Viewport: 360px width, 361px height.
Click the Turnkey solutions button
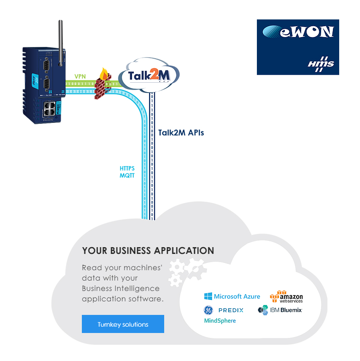tap(123, 324)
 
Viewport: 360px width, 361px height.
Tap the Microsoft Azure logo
tap(232, 296)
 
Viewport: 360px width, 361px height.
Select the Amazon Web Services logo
tap(286, 296)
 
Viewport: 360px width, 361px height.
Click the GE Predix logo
tap(223, 310)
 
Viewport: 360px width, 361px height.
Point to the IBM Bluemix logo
tap(279, 310)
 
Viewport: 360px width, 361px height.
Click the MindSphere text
tap(220, 321)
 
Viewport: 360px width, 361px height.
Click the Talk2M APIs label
tap(181, 133)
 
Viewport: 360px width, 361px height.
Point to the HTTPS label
tap(127, 169)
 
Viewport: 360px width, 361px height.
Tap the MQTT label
tap(127, 176)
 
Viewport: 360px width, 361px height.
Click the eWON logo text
tap(299, 32)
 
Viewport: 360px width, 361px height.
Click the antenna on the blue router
tap(60, 41)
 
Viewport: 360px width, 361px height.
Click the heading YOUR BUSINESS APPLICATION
tap(148, 250)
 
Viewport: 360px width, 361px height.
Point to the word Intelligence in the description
tap(139, 288)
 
